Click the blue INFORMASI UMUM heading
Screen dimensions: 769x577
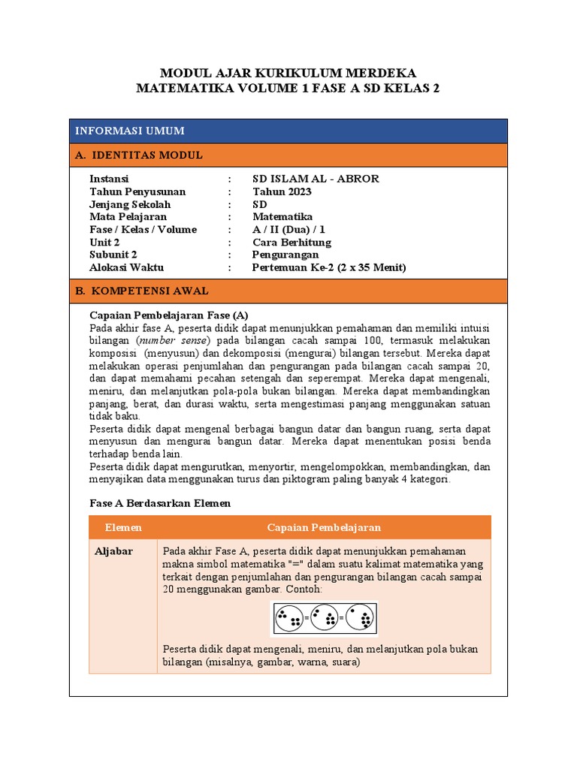pos(129,131)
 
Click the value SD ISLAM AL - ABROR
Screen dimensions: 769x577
pos(316,179)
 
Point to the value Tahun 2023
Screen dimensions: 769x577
pos(282,191)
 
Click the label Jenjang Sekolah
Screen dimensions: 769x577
pos(130,204)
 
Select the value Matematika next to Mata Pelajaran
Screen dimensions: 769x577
pos(282,217)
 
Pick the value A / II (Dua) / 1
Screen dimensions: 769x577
pos(289,230)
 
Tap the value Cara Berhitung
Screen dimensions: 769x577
pos(292,243)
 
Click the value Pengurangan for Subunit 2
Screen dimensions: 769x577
pos(285,255)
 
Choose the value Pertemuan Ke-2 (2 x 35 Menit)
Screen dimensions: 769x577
pos(328,267)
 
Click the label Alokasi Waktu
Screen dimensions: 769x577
pos(126,267)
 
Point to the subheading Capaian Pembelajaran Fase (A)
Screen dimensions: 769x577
pos(168,315)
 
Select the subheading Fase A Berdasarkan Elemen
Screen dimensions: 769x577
pos(160,503)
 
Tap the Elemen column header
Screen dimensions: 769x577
pos(123,528)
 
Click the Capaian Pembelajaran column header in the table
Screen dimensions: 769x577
pos(324,528)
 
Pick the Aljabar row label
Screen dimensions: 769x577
pos(113,551)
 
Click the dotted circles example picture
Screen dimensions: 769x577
pos(324,619)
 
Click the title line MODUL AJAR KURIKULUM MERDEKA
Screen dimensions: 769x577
pos(288,73)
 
